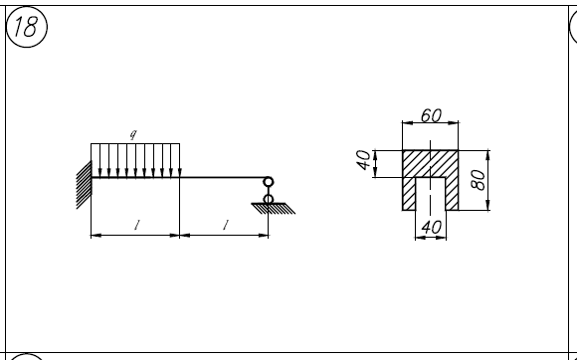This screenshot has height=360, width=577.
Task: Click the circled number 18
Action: [27, 27]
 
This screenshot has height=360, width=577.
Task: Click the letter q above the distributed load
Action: [133, 134]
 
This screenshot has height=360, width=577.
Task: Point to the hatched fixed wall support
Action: [84, 185]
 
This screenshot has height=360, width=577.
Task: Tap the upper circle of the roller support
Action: [269, 182]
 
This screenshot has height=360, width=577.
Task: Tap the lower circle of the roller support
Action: [269, 200]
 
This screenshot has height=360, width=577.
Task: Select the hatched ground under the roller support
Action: [274, 208]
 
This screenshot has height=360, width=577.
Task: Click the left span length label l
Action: [137, 225]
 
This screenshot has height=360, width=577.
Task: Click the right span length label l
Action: [226, 225]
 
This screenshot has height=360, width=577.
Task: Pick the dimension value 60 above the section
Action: [431, 115]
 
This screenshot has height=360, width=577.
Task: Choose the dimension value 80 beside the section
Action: [478, 180]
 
